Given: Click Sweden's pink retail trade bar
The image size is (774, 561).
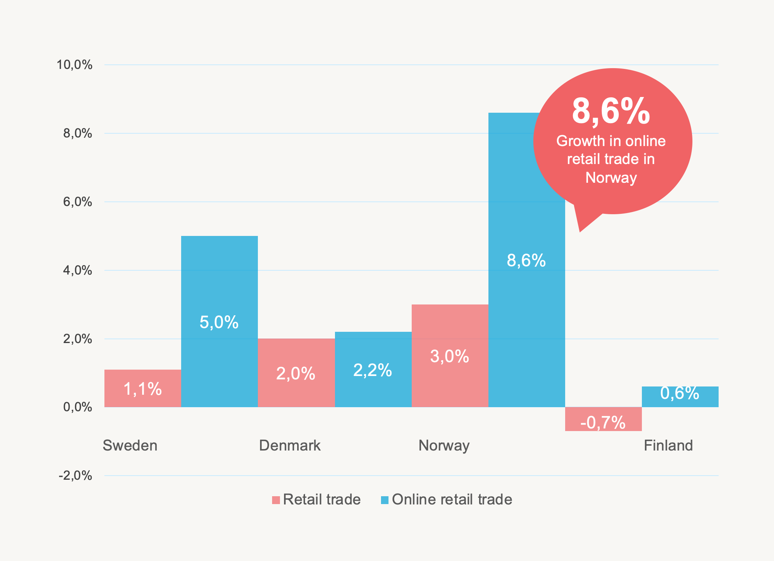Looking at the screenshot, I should click(143, 388).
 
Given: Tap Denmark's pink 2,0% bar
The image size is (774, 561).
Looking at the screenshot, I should click(296, 373).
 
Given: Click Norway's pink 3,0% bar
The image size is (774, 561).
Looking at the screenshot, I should click(450, 356).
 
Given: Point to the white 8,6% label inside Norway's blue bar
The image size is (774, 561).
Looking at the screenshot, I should click(526, 260).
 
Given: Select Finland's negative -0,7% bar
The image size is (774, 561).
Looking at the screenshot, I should click(603, 419).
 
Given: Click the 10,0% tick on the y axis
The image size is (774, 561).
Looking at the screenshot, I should click(74, 65).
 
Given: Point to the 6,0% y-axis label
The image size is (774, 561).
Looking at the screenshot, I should click(77, 202).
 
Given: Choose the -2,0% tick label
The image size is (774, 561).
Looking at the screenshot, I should click(75, 476).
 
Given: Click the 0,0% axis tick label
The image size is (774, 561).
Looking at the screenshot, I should click(77, 407).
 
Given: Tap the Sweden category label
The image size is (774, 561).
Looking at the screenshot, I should click(130, 445).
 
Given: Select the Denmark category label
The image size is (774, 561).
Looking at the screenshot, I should click(290, 445).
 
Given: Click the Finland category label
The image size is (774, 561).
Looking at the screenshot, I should click(668, 445).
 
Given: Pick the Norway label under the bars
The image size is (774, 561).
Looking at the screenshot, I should click(444, 445).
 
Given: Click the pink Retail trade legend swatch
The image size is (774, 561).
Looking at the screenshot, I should click(276, 500).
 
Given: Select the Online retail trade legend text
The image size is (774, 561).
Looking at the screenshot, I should click(452, 500).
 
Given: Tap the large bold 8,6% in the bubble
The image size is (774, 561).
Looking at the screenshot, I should click(611, 111).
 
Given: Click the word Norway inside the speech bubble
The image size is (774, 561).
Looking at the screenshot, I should click(611, 177).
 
